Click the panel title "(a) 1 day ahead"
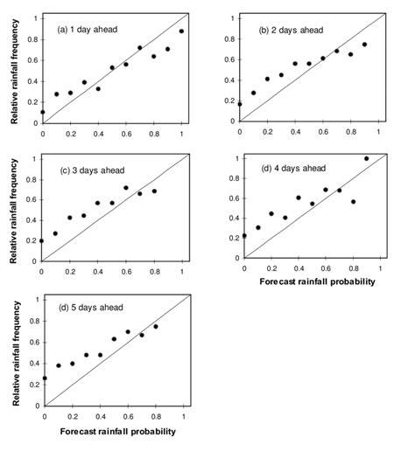coord(88,29)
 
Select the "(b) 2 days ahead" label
coord(291,30)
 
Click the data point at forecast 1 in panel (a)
coord(181,31)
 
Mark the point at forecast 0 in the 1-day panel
coord(42,112)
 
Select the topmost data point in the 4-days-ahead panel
coord(366,158)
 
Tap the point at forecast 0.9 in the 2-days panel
coord(364,45)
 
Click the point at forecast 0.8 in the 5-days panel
coord(156,327)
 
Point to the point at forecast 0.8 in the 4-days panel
coord(353,202)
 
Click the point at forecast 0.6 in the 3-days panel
coord(125,188)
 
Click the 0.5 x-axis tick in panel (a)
coord(112,135)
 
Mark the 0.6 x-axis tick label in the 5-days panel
coord(128,415)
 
